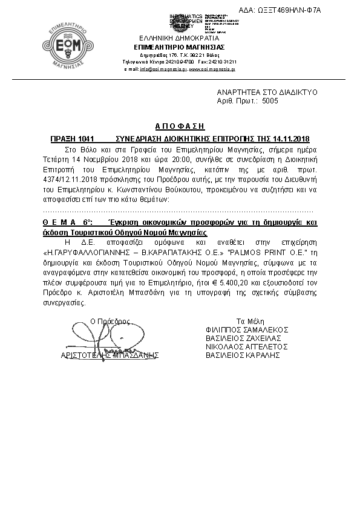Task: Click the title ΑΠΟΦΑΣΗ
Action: (x=180, y=126)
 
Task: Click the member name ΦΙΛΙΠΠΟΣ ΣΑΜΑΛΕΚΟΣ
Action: (x=247, y=329)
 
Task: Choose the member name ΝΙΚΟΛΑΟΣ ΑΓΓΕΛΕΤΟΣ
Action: (x=246, y=346)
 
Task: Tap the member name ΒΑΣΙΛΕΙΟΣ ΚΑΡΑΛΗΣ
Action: (x=243, y=355)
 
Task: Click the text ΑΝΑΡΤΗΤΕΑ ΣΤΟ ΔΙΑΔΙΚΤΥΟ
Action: (x=267, y=92)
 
